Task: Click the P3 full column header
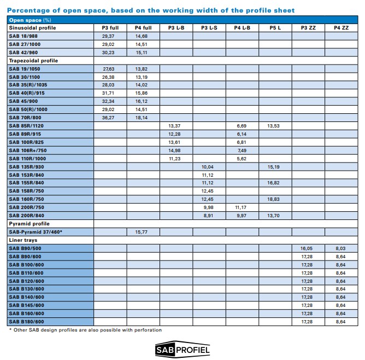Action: coord(110,27)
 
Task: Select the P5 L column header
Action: coord(274,27)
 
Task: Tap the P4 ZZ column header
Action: coord(340,27)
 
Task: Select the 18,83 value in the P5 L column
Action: coord(274,199)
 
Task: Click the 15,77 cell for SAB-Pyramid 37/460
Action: coord(143,232)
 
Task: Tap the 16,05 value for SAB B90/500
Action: coord(307,248)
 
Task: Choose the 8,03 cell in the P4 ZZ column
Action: coord(340,248)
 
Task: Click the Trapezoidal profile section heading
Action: coord(33,60)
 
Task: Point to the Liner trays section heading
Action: coord(22,240)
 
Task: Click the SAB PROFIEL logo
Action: coord(182,349)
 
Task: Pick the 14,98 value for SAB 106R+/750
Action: coord(175,150)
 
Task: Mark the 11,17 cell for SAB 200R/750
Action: coord(242,207)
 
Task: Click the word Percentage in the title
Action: coord(27,10)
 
